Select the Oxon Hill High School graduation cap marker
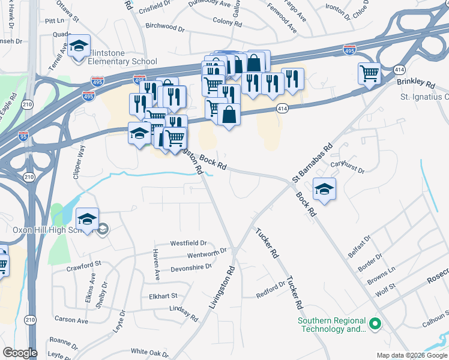[87, 220]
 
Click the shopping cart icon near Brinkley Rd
[369, 74]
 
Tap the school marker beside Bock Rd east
[324, 190]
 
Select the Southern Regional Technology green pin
[375, 325]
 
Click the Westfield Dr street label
[188, 244]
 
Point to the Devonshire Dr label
[192, 267]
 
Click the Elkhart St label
[163, 296]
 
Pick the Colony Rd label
[227, 20]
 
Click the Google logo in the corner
[19, 353]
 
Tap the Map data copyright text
[411, 355]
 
